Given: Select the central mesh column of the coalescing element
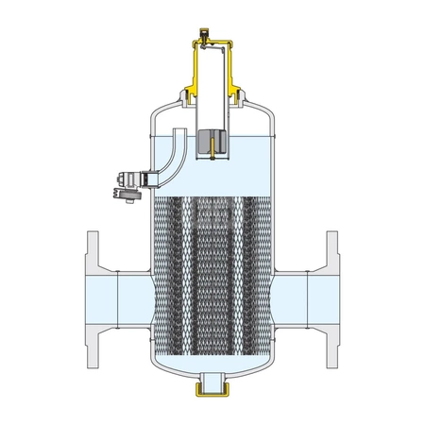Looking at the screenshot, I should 212,274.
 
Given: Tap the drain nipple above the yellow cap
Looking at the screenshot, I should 212,377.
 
